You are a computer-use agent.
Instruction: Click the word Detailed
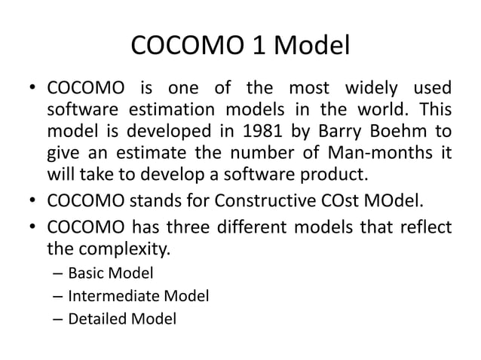(97, 319)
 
